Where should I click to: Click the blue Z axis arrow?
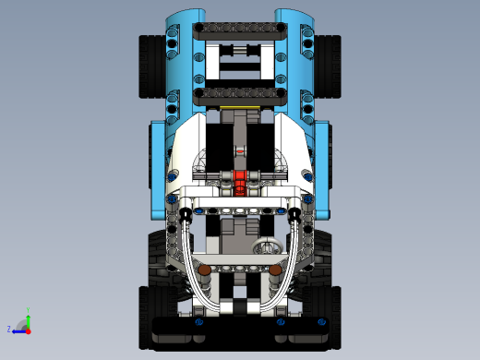(18, 329)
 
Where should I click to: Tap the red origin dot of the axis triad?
(29, 329)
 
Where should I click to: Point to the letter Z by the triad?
(9, 329)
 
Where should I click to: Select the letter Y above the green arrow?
(29, 309)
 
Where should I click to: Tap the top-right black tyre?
(330, 66)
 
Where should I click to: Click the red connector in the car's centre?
(240, 180)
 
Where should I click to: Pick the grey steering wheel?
(268, 246)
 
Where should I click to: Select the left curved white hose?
(192, 268)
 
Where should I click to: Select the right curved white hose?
(288, 268)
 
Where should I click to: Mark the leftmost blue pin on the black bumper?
(198, 323)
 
